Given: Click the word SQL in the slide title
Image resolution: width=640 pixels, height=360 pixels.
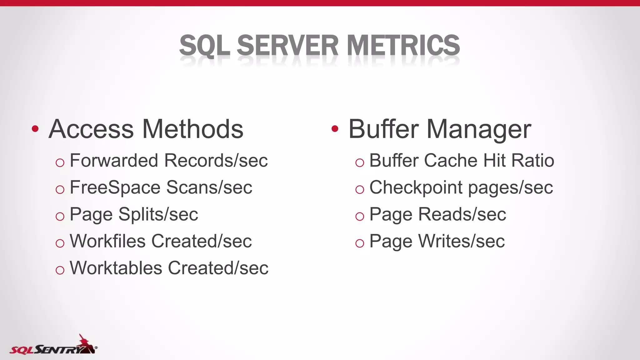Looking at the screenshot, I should (x=205, y=46).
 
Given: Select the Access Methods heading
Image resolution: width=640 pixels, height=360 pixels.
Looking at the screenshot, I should (x=146, y=129).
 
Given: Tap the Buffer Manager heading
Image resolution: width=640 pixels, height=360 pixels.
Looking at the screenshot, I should (x=440, y=129).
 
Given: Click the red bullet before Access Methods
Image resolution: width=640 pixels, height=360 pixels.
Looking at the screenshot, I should (x=35, y=129).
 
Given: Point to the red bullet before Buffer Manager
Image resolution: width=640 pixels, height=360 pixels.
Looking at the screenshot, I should (x=335, y=129).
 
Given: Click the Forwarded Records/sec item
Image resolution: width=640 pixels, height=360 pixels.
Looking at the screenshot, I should (x=168, y=161).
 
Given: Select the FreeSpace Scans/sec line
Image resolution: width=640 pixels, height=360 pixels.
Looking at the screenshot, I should (x=161, y=187).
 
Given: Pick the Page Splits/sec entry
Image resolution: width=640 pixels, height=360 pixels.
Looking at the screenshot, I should (x=134, y=214).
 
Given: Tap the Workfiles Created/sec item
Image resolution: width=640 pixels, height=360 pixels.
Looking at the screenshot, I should (x=161, y=241).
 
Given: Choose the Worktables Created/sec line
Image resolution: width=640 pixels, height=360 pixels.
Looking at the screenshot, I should (x=169, y=268).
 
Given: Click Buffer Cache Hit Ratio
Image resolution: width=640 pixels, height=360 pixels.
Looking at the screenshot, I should (x=462, y=161).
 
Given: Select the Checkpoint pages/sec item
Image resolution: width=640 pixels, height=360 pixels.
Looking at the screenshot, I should (x=461, y=187).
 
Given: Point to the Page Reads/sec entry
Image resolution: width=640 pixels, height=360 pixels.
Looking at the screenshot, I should (x=437, y=214).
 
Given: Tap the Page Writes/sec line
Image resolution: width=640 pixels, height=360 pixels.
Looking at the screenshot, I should (x=437, y=241).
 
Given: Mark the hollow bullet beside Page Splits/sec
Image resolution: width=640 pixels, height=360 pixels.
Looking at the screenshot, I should (x=60, y=216).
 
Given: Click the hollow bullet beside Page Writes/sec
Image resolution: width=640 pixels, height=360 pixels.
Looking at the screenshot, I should (x=360, y=243).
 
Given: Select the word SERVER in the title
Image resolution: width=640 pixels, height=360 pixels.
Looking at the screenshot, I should (x=287, y=46).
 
